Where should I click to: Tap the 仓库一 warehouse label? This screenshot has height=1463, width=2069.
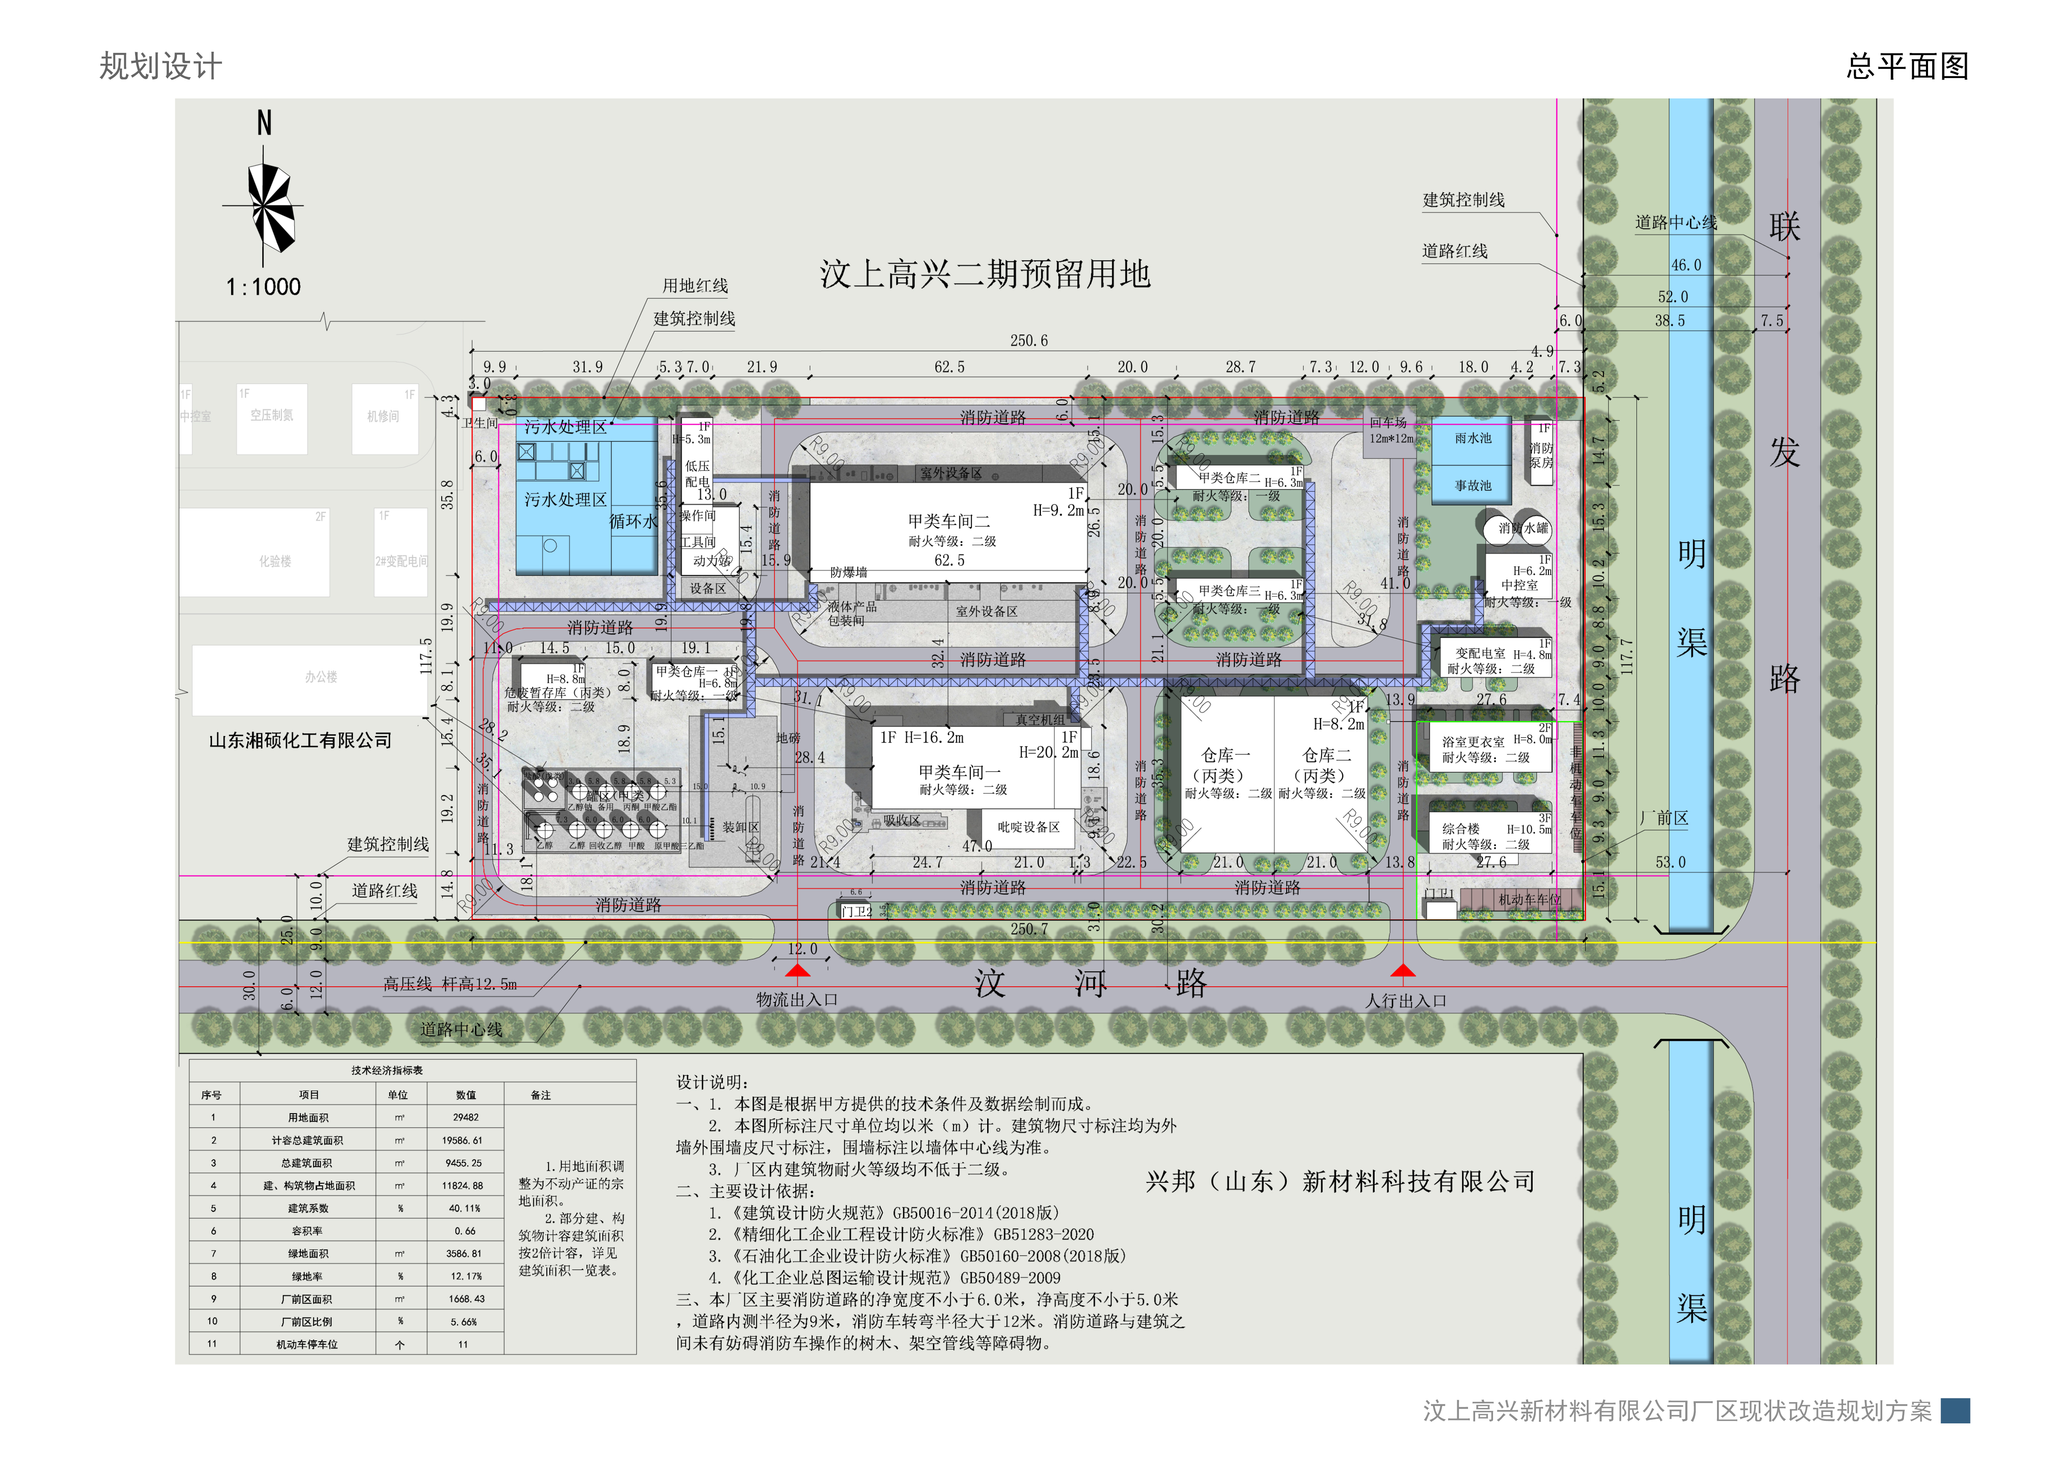click(1226, 755)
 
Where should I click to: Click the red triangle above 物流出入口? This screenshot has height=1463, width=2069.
click(797, 970)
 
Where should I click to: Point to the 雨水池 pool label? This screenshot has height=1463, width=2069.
click(1473, 439)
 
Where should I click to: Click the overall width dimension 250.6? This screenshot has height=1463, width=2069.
click(1028, 341)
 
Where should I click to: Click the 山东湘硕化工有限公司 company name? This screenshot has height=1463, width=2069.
click(300, 741)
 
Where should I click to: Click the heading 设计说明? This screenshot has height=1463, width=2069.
click(712, 1082)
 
